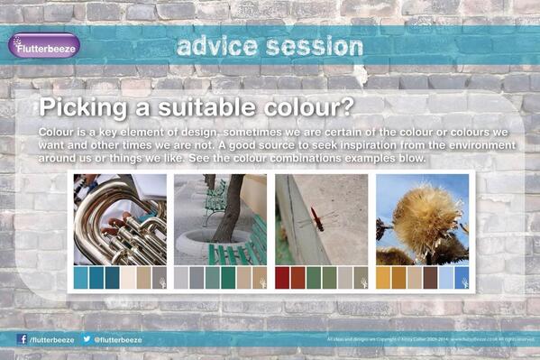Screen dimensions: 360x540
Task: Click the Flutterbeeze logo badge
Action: (44, 45)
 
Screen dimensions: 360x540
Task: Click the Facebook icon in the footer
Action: (22, 339)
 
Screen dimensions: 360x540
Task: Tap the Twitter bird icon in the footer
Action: (87, 339)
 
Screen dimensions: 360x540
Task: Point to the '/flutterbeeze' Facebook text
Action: (51, 340)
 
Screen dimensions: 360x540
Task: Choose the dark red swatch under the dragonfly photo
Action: (282, 277)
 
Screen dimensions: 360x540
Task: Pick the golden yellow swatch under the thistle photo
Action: (383, 277)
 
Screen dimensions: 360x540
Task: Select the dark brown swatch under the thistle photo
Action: (430, 277)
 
